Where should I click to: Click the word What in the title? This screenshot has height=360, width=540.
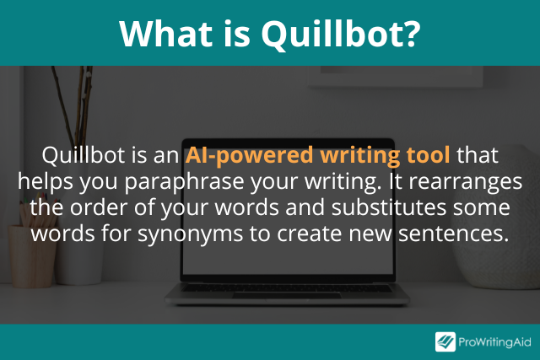pos(165,33)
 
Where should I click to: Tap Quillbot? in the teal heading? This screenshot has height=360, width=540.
pos(341,35)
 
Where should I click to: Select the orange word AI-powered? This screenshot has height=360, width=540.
pos(249,156)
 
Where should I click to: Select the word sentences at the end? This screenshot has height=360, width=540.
pos(454,234)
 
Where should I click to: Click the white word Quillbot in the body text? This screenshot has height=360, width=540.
pos(83,155)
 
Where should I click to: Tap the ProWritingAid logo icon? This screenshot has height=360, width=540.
pos(445,341)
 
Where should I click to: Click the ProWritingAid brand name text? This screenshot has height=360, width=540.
pos(494,342)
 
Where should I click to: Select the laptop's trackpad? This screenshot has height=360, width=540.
pos(287,296)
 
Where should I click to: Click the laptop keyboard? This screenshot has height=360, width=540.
pos(287,288)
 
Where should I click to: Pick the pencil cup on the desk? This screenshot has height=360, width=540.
pos(32,255)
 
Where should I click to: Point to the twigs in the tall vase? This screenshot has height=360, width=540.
pos(75,107)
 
